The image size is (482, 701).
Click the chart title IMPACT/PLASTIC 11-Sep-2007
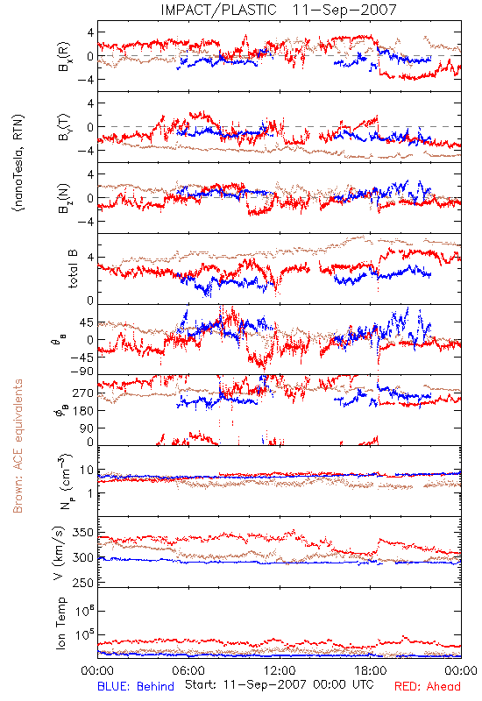coord(279,10)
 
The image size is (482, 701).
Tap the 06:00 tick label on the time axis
coord(188,670)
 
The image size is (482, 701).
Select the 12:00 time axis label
coord(280,670)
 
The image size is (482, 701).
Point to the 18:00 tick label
coord(371,670)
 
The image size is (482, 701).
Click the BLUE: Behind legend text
coord(136,686)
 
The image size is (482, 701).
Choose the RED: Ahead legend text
coord(428,686)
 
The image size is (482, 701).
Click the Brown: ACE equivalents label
coord(18,446)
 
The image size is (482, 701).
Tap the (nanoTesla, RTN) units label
coord(18,162)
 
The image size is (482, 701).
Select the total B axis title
coord(73,269)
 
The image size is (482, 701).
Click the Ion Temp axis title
coord(60,623)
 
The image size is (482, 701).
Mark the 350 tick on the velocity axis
coord(83,533)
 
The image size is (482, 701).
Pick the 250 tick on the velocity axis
coord(83,583)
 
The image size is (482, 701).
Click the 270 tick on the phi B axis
coord(83,393)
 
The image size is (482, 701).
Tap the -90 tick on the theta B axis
coord(82,371)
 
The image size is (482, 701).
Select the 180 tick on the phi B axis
coord(83,411)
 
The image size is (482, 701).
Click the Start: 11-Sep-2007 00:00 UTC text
coord(280,684)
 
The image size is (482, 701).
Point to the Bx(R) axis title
coord(63,56)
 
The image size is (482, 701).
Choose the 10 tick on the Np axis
coord(87,470)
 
